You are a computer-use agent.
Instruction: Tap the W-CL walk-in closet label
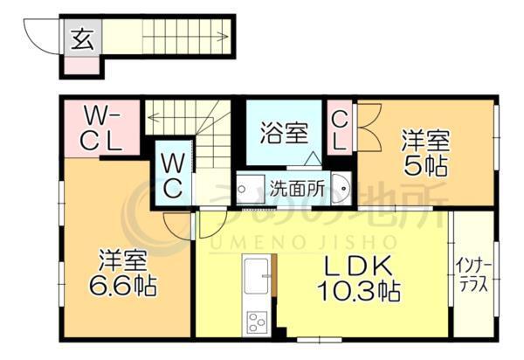(x=103, y=128)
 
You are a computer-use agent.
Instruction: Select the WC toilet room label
(x=172, y=174)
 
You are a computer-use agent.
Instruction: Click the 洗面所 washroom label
(x=296, y=187)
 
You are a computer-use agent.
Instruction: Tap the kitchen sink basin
(x=258, y=277)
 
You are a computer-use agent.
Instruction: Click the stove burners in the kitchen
(x=258, y=321)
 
